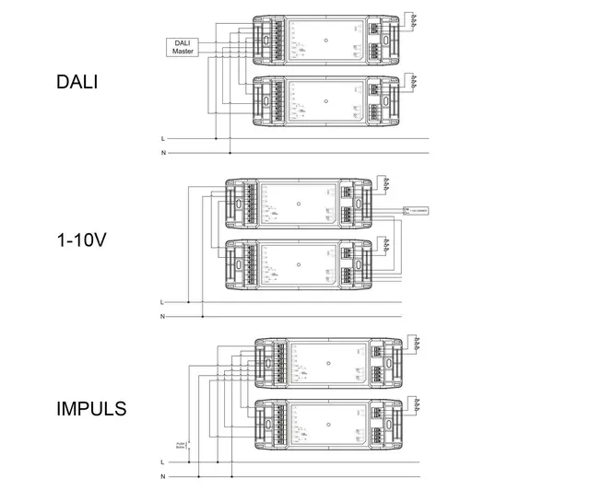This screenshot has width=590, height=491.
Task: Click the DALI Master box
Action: pyautogui.click(x=181, y=47)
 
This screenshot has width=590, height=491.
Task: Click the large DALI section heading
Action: pyautogui.click(x=77, y=82)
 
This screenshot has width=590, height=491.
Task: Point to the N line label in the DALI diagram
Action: pyautogui.click(x=163, y=152)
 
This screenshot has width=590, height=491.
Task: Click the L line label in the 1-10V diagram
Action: pyautogui.click(x=162, y=302)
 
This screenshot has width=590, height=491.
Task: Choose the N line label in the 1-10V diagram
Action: pyautogui.click(x=162, y=316)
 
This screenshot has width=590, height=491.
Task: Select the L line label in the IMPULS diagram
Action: pyautogui.click(x=162, y=462)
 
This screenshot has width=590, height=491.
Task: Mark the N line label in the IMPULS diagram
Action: pyautogui.click(x=162, y=475)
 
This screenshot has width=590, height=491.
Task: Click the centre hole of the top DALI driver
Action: pyautogui.click(x=326, y=41)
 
